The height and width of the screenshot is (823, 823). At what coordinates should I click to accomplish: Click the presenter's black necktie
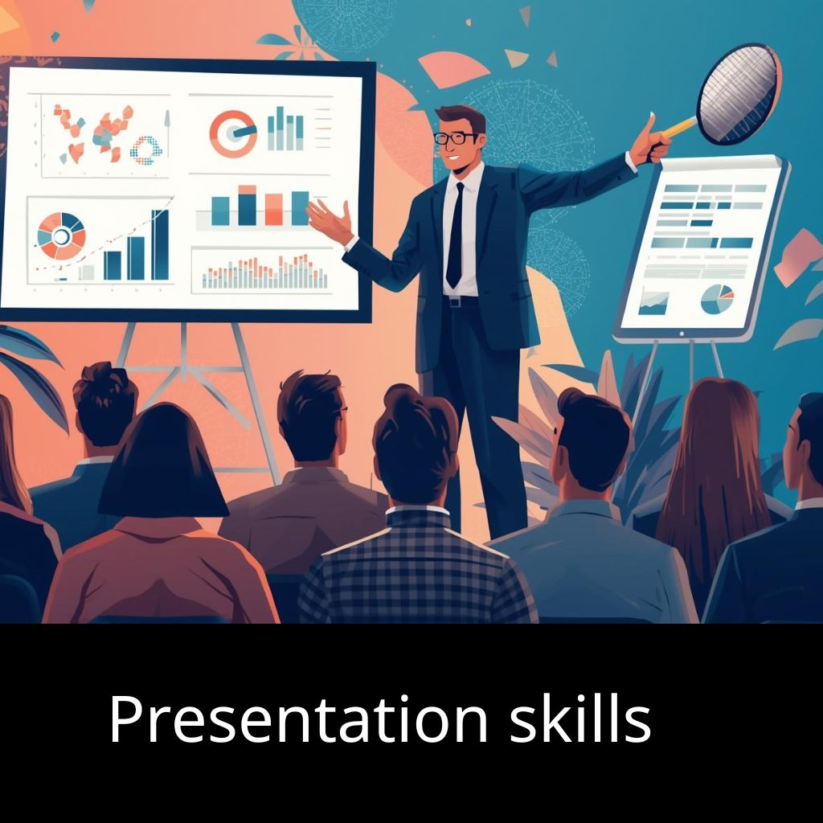click(455, 235)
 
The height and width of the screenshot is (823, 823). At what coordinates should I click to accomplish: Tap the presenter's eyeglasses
click(455, 138)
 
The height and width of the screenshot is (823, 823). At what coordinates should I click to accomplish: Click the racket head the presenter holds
click(738, 95)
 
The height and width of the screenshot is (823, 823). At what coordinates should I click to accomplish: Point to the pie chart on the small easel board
click(717, 299)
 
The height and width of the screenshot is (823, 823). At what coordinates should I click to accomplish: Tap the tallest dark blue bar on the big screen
click(160, 244)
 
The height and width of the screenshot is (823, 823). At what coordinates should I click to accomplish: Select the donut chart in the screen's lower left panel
click(61, 236)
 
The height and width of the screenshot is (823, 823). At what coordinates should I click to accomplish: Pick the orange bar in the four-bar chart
click(273, 210)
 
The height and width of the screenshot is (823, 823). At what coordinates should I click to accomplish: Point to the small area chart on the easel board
click(653, 303)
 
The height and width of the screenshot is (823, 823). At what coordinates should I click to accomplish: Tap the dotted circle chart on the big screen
click(145, 150)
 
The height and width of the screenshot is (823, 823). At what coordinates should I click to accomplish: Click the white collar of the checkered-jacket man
click(418, 510)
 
